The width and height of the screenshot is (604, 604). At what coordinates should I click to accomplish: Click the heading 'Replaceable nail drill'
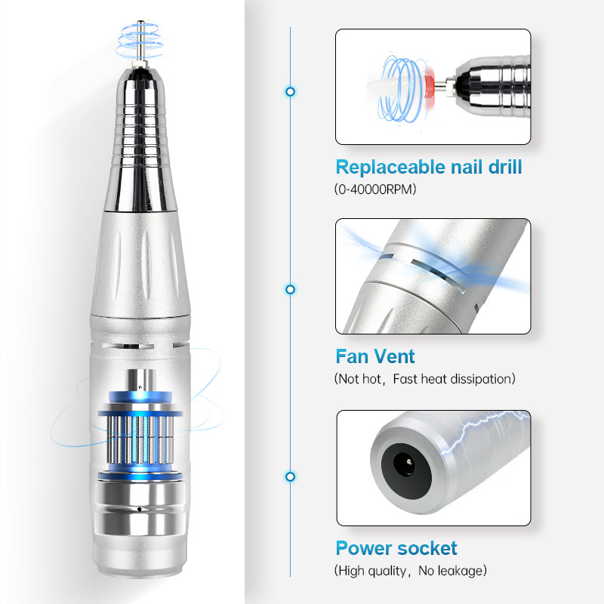pyautogui.click(x=429, y=167)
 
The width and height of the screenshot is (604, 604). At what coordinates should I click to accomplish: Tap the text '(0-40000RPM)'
pyautogui.click(x=375, y=190)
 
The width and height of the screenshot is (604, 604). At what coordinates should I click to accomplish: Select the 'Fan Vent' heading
pyautogui.click(x=375, y=356)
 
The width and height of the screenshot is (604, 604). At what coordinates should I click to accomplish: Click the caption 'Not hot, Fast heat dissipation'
pyautogui.click(x=424, y=379)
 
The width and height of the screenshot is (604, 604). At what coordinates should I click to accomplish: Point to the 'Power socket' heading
pyautogui.click(x=396, y=548)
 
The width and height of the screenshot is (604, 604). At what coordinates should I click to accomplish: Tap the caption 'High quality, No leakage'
pyautogui.click(x=410, y=571)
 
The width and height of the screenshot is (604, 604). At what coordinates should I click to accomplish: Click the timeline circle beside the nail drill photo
pyautogui.click(x=291, y=91)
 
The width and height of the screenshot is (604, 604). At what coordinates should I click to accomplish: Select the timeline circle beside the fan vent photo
pyautogui.click(x=291, y=289)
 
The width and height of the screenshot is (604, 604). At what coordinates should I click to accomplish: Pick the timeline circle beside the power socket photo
pyautogui.click(x=291, y=476)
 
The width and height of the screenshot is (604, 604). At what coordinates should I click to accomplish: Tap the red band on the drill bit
pyautogui.click(x=429, y=86)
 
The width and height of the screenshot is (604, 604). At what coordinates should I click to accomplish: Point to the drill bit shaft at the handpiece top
pyautogui.click(x=140, y=42)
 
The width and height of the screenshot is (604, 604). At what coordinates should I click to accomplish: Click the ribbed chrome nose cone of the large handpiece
pyautogui.click(x=140, y=140)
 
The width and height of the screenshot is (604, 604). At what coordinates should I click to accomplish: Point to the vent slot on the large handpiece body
pyautogui.click(x=128, y=346)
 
